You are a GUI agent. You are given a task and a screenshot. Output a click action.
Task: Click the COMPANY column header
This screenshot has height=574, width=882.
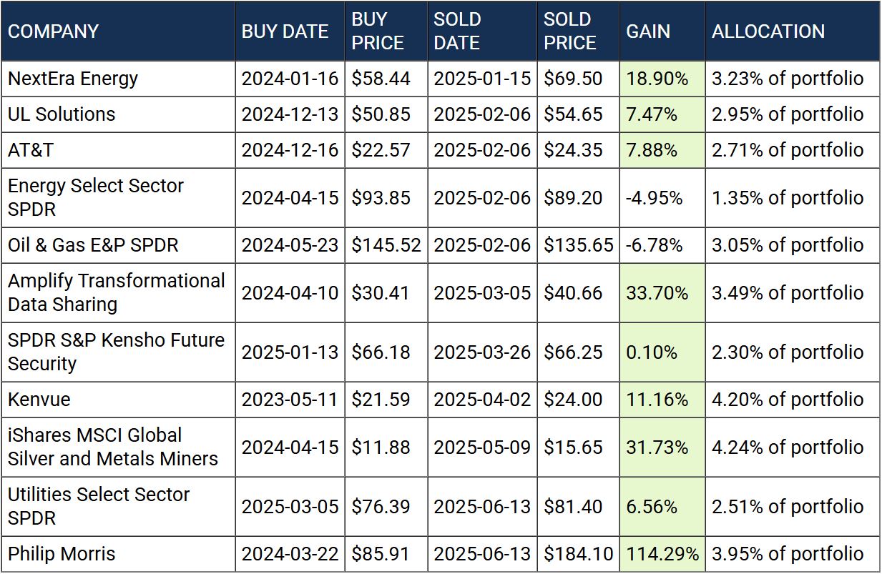(x=53, y=31)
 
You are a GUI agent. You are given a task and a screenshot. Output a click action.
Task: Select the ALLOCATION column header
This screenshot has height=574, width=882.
(x=768, y=31)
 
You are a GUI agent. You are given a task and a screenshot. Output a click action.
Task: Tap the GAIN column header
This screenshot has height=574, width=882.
(x=648, y=31)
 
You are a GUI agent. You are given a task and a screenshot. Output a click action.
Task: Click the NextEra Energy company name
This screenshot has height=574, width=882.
(x=73, y=79)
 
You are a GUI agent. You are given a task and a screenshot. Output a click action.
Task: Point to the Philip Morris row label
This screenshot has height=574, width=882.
(x=62, y=554)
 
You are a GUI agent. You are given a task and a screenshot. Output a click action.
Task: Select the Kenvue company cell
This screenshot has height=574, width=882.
(x=39, y=400)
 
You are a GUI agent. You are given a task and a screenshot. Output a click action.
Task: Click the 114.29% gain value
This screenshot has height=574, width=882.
(x=662, y=554)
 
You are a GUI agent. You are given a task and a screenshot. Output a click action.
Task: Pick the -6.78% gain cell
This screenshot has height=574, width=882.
(x=654, y=245)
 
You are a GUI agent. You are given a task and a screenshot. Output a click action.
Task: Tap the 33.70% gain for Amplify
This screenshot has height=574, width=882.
(x=657, y=293)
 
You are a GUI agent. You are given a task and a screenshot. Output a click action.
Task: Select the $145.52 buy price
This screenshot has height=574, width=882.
(x=386, y=245)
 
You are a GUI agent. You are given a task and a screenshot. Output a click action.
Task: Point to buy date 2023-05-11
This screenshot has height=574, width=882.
(x=290, y=400)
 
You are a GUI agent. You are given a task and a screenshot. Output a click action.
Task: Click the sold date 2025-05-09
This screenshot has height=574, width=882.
(x=482, y=447)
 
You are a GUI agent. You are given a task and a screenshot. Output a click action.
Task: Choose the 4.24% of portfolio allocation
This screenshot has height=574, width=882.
(x=788, y=447)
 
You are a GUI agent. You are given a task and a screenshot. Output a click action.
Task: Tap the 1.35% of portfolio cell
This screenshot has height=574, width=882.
(x=788, y=198)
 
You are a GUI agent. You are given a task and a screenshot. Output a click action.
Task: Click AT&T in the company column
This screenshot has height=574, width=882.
(x=31, y=150)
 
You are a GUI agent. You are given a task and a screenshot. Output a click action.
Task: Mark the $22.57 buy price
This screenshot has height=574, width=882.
(x=381, y=150)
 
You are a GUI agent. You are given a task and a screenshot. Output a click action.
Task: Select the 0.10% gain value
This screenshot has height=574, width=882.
(x=652, y=352)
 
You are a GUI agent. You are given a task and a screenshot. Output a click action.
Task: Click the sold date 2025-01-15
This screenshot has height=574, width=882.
(x=482, y=79)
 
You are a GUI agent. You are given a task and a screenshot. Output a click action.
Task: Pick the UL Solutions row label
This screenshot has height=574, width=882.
(x=62, y=114)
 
